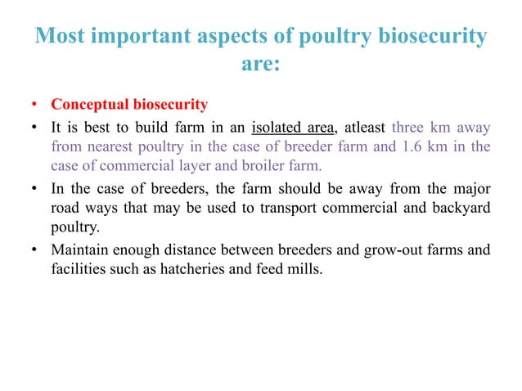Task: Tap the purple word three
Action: click(x=410, y=127)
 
